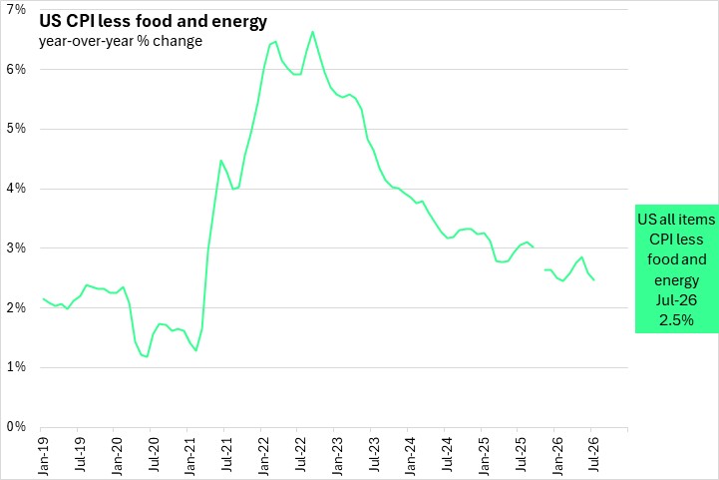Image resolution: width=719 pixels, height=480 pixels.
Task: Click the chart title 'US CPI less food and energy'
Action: coord(153,21)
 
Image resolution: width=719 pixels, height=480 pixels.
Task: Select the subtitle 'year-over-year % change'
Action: coord(121,41)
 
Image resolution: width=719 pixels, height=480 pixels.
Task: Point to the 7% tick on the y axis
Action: coord(16,10)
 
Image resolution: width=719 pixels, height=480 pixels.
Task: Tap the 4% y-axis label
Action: coord(16,189)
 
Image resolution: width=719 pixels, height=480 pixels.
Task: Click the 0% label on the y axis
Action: coord(16,427)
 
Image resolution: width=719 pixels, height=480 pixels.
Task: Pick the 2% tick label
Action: coord(16,308)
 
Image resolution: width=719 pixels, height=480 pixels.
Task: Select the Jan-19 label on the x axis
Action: coord(43,455)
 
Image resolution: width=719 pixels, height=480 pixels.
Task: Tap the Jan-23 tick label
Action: coord(337,455)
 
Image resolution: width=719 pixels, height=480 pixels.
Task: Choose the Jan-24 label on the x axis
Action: coord(411,455)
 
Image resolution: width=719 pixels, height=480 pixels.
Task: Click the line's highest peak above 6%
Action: coord(313,32)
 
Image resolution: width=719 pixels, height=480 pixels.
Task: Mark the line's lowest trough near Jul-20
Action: coord(147,356)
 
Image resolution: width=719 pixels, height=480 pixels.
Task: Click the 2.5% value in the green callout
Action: coord(676,320)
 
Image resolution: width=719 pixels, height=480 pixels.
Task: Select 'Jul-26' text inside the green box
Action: coord(676,300)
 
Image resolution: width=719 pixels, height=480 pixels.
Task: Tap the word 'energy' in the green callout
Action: coord(676,280)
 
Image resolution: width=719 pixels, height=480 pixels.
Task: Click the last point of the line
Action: coord(594,280)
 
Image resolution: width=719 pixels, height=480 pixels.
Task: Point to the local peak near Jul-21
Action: coord(220,160)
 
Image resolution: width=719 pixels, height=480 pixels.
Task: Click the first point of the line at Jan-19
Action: coord(43,298)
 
